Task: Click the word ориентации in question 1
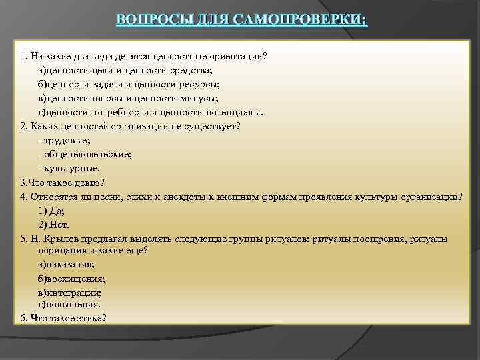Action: tap(238, 55)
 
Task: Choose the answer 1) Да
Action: tap(51, 210)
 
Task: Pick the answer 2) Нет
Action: tap(54, 224)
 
